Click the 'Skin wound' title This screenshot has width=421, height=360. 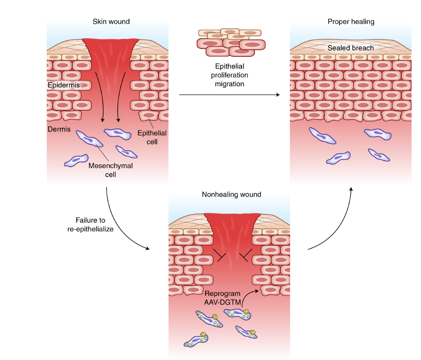click(x=111, y=22)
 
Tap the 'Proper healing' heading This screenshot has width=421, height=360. click(x=351, y=22)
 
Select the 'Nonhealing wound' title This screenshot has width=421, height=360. click(x=231, y=195)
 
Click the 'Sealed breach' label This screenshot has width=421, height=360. click(x=350, y=48)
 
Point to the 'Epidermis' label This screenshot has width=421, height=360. click(x=64, y=85)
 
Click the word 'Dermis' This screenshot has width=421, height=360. click(x=59, y=129)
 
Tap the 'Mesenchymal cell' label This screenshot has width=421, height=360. click(x=111, y=170)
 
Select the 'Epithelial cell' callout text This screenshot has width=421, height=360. click(x=152, y=137)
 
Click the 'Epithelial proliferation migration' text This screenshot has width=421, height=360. click(x=229, y=75)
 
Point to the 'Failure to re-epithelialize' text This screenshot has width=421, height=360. click(x=91, y=225)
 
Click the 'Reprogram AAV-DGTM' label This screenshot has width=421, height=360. click(x=222, y=298)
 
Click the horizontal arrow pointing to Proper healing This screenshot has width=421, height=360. click(x=229, y=95)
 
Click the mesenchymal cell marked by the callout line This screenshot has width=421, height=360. click(x=89, y=139)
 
